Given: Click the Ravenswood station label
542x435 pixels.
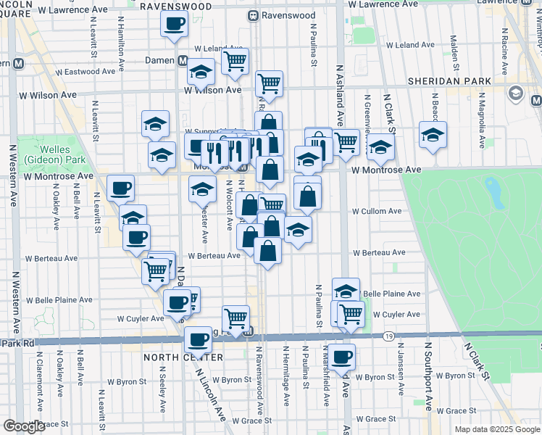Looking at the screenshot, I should click(x=289, y=15).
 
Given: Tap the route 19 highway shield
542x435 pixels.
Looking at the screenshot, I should click(x=389, y=336).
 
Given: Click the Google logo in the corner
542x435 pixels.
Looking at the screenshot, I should click(x=24, y=426).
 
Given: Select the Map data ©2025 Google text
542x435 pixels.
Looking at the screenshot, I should click(x=497, y=429).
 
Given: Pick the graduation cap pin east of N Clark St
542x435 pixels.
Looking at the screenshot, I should click(x=433, y=135).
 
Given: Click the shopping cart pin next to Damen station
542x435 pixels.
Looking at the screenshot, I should click(x=235, y=61).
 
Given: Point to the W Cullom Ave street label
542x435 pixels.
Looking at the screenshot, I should click(x=377, y=211).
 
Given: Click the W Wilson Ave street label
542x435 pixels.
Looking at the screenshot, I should click(x=212, y=91).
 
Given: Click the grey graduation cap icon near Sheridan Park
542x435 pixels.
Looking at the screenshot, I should click(x=516, y=93).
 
